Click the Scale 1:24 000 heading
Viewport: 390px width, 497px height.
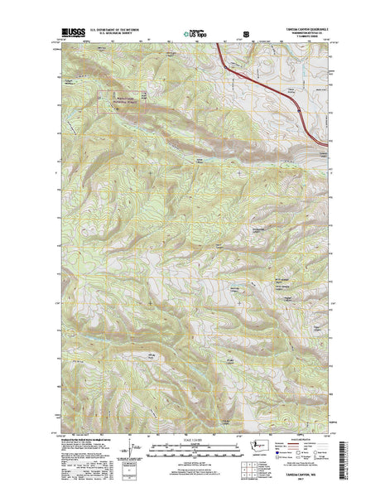(x=194, y=439)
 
